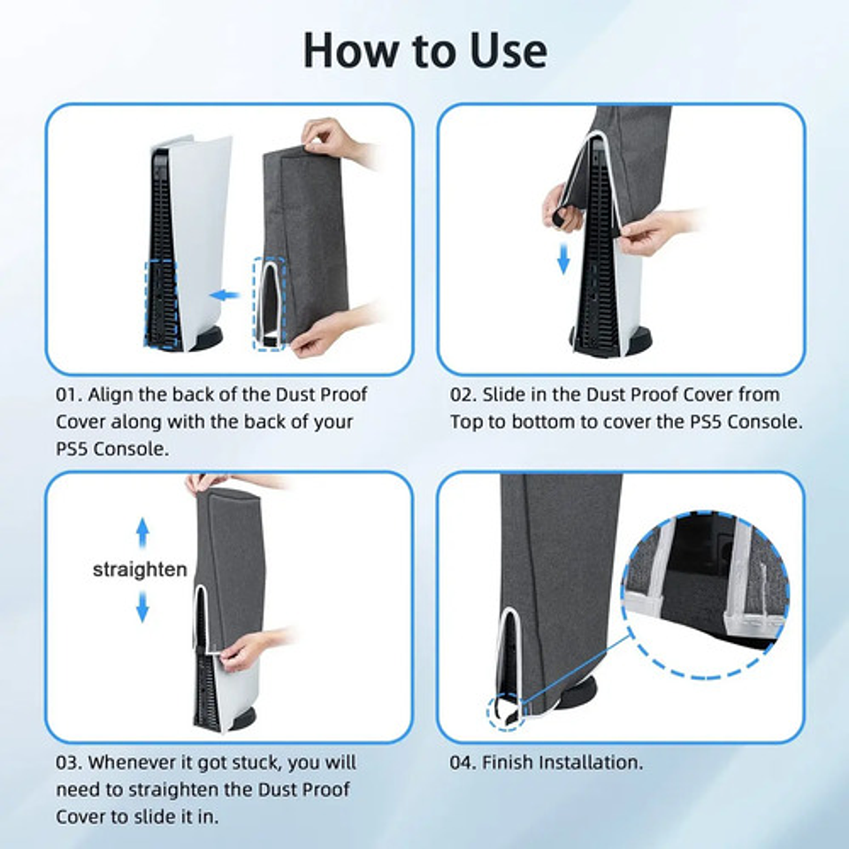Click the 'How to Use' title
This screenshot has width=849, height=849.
[x=424, y=50]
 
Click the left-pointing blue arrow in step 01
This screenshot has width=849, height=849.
[x=226, y=294]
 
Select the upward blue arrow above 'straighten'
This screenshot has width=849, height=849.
[x=142, y=533]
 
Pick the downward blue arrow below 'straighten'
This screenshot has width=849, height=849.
[x=142, y=607]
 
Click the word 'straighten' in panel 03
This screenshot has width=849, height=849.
[x=140, y=570]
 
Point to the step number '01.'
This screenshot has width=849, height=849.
[x=69, y=394]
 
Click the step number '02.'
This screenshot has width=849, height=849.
[x=463, y=394]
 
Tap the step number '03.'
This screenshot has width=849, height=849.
[x=69, y=761]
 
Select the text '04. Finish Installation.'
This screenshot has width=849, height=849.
[x=546, y=761]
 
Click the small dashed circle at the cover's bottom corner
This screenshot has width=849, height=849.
[x=506, y=711]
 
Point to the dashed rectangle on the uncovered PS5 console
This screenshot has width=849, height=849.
[x=161, y=303]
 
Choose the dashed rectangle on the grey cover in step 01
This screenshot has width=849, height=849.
[x=270, y=303]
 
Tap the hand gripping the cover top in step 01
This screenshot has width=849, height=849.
[x=333, y=139]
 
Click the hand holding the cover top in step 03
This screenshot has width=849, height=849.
[x=209, y=483]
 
